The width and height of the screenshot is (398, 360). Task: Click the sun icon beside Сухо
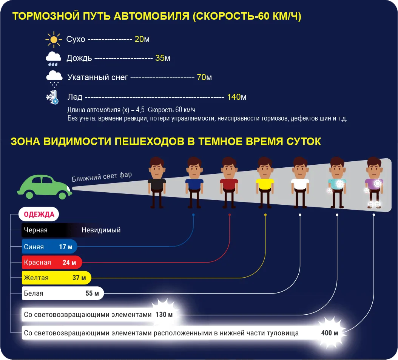54,39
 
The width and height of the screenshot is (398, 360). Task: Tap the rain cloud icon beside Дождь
53,59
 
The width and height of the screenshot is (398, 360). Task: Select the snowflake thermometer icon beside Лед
52,97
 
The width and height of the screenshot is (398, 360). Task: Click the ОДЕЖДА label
39,215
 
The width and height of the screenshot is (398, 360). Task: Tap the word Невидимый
101,230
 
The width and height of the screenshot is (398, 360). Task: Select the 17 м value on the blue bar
66,247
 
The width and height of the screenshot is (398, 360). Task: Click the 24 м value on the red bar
69,263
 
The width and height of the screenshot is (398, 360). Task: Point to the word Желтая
36,278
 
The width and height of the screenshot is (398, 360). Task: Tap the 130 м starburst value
164,314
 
